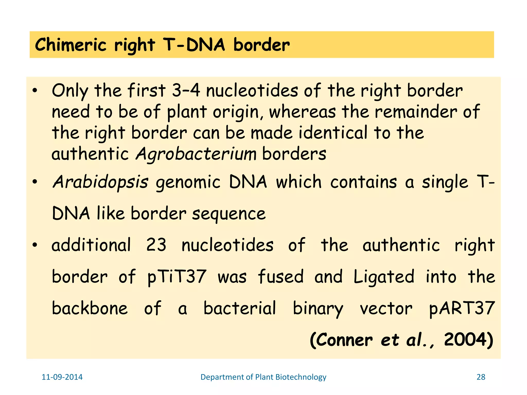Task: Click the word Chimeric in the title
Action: click(71, 45)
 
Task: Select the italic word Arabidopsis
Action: click(100, 182)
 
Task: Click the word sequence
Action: click(229, 214)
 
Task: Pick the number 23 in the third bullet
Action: click(156, 245)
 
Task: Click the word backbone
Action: click(90, 308)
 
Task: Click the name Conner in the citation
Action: click(344, 340)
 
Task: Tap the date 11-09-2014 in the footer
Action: click(62, 377)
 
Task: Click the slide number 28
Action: click(481, 377)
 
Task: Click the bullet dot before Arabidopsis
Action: click(35, 182)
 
